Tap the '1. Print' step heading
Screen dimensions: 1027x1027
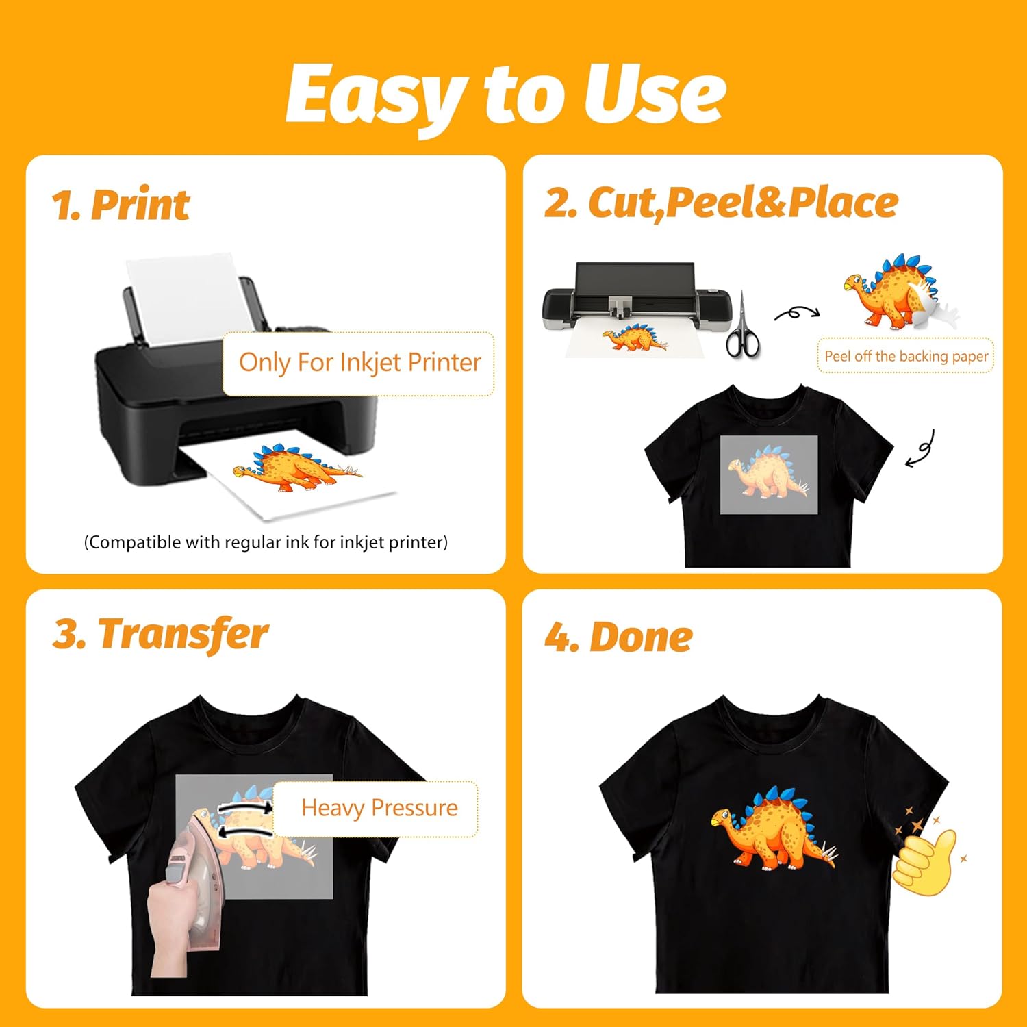(x=121, y=204)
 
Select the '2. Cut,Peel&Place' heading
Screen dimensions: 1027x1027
(x=721, y=203)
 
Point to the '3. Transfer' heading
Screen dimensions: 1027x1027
(x=160, y=633)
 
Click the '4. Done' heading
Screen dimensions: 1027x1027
(x=618, y=637)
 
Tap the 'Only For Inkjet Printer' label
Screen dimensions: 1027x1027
(x=359, y=363)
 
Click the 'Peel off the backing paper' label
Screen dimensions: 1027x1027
(x=905, y=356)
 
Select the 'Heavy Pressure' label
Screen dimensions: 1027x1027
(x=379, y=809)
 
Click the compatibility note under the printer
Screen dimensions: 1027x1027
(x=266, y=542)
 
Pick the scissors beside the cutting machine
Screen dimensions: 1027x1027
(x=742, y=329)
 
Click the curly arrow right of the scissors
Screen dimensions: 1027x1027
(x=796, y=314)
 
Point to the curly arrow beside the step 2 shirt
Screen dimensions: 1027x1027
(x=921, y=450)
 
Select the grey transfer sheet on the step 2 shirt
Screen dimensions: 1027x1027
(x=768, y=474)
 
